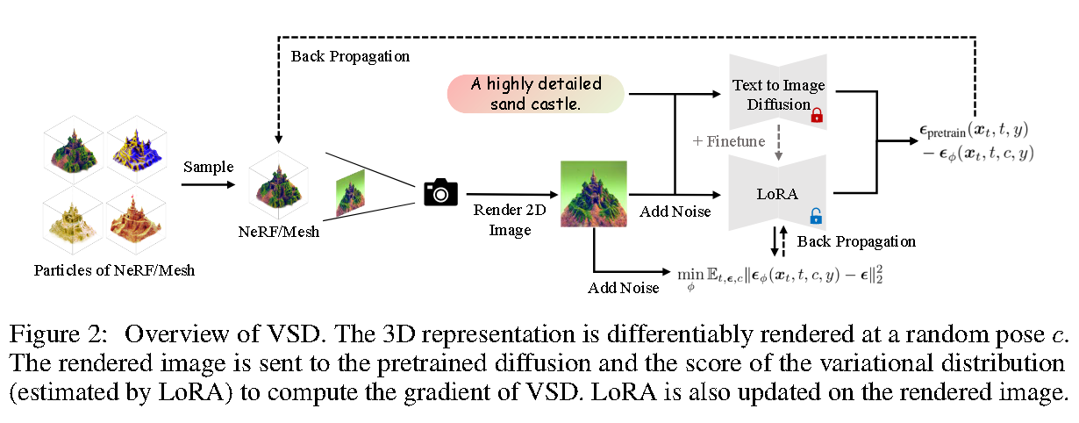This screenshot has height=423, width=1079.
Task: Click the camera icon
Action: click(440, 192)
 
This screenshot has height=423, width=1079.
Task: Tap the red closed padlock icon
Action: click(816, 115)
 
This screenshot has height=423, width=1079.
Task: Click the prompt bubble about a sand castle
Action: click(536, 94)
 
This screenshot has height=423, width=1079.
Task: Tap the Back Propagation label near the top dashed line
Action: click(350, 56)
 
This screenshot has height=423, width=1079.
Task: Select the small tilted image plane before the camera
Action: click(349, 196)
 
